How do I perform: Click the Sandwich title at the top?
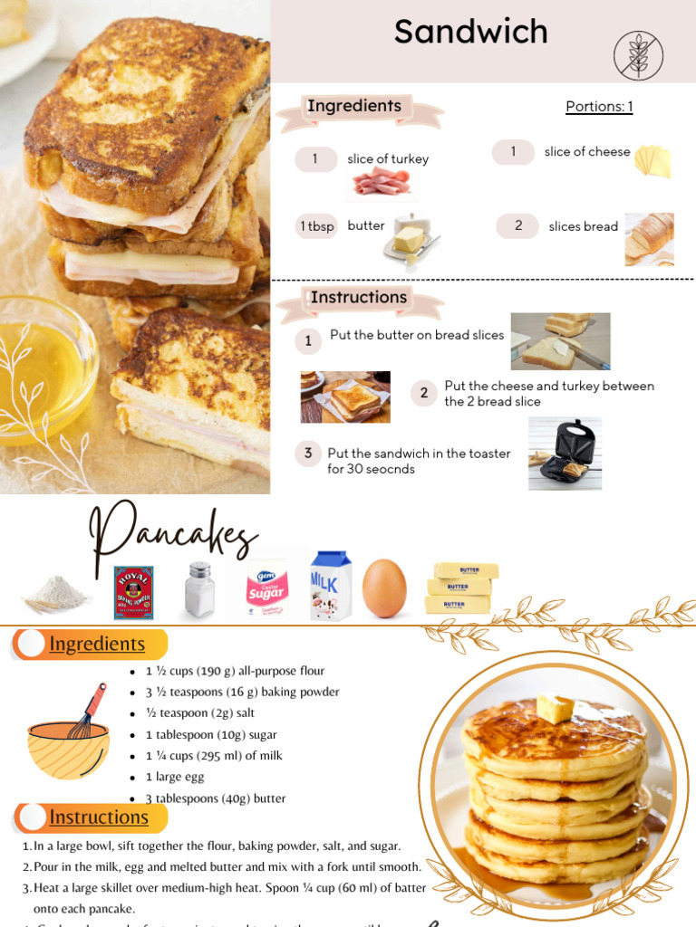click(470, 33)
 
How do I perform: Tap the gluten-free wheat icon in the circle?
click(638, 56)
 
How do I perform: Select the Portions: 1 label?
click(599, 107)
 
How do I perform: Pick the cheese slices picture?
click(652, 160)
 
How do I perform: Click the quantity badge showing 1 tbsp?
click(316, 226)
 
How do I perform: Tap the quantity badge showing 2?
click(518, 226)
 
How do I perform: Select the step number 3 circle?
click(308, 454)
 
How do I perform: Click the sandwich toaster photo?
click(565, 454)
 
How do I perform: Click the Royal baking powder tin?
click(133, 592)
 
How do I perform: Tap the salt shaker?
click(199, 589)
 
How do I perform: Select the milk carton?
click(331, 586)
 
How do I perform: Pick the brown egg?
click(384, 588)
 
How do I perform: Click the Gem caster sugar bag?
click(266, 589)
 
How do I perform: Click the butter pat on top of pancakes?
click(555, 708)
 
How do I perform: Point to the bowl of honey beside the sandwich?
click(41, 368)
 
